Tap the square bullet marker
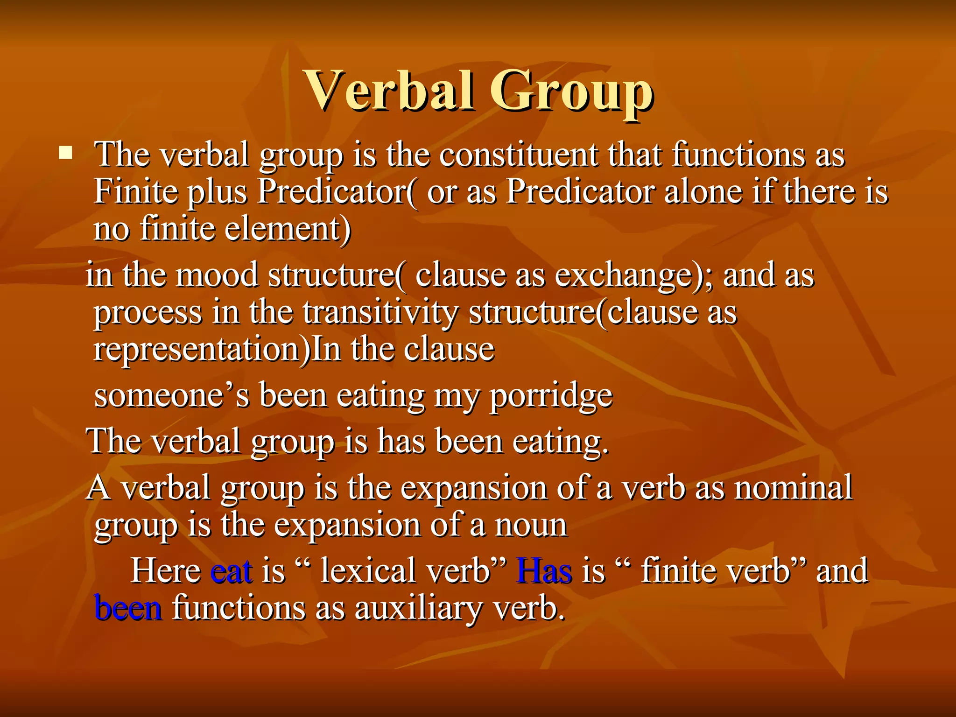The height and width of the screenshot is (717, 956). click(x=66, y=153)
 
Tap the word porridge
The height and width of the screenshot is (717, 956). click(x=551, y=396)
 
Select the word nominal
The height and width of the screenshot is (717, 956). click(x=793, y=487)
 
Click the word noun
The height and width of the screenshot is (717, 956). click(x=531, y=525)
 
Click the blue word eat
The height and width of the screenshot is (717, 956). click(x=232, y=570)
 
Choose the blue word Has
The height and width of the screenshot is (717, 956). click(x=544, y=570)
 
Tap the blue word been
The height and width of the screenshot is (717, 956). click(x=128, y=608)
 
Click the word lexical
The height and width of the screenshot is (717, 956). click(x=366, y=570)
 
